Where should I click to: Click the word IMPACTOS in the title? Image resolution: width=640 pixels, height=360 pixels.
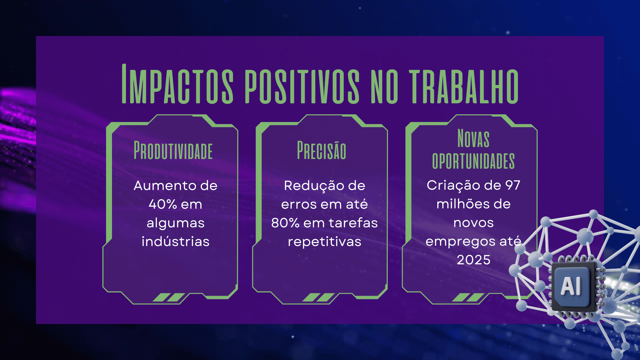178,84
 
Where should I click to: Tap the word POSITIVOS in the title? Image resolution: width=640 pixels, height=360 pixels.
302,86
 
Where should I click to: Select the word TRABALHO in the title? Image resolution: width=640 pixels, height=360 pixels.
464,86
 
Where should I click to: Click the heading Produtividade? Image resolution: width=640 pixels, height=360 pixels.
173,150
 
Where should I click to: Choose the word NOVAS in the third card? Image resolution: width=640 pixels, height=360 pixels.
473,138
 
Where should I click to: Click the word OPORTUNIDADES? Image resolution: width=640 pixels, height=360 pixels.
473,161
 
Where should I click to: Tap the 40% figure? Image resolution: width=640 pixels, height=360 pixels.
163,204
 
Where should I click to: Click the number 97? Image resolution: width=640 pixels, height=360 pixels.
513,185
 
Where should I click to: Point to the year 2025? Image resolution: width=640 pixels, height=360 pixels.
474,260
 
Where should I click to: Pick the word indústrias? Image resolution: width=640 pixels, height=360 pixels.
176,241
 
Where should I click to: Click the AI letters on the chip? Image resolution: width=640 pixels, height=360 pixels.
571,286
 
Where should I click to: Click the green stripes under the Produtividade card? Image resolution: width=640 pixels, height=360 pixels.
169,297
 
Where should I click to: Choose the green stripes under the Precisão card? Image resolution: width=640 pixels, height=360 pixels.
318,297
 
